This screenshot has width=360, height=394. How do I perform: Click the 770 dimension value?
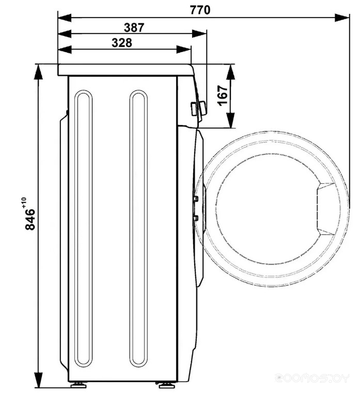click(x=200, y=10)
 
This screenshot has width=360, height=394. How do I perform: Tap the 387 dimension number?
click(x=134, y=28)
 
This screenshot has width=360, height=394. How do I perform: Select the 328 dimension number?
click(x=122, y=43)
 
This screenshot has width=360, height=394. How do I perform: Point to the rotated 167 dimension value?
click(x=223, y=96)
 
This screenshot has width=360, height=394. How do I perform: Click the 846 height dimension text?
click(x=30, y=219)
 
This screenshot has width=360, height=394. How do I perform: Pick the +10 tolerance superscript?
click(x=24, y=202)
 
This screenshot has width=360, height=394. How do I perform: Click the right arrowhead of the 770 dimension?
click(x=342, y=18)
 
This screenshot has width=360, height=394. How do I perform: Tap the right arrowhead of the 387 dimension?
click(x=199, y=34)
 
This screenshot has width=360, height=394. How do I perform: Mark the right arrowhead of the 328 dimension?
click(x=183, y=49)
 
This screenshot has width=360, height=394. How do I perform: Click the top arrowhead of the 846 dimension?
click(x=38, y=72)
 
